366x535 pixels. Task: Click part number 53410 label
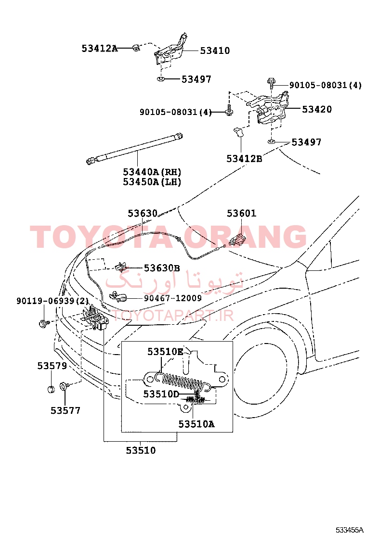tap(215, 51)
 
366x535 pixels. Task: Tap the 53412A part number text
tap(99, 49)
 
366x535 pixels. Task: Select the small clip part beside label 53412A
tap(136, 48)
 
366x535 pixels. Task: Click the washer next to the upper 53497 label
tap(161, 79)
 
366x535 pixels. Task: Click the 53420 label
tap(317, 109)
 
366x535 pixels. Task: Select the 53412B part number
tap(244, 158)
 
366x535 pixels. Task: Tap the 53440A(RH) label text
tap(152, 172)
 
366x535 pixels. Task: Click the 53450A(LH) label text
tap(152, 181)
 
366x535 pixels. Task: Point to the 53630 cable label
tap(143, 213)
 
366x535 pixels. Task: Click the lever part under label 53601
tap(238, 239)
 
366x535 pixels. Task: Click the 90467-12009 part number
tap(173, 298)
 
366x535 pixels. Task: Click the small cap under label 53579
tap(51, 389)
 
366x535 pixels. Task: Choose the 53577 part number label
tap(65, 410)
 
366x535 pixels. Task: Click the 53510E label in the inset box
tap(165, 351)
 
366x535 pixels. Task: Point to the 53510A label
tap(196, 424)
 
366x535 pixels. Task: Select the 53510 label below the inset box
tap(141, 450)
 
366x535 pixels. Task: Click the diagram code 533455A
tap(349, 530)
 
